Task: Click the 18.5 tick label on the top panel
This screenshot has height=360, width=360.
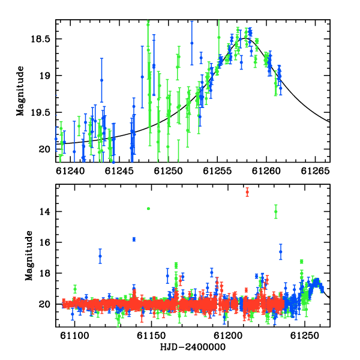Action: click(x=40, y=39)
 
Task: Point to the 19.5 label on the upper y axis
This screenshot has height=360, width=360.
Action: click(x=40, y=113)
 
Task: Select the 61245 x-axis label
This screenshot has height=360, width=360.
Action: click(x=119, y=171)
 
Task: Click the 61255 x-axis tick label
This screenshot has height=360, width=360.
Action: click(x=217, y=171)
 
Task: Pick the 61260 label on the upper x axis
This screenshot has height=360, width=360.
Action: click(x=266, y=171)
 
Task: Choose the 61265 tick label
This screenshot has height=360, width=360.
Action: click(x=316, y=171)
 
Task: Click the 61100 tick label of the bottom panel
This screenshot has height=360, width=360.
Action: click(x=74, y=335)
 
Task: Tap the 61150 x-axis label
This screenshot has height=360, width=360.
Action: click(x=151, y=335)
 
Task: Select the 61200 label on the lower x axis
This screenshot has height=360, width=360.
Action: click(x=228, y=335)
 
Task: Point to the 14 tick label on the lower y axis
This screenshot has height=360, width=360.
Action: click(x=45, y=211)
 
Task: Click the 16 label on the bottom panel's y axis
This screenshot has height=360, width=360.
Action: click(x=45, y=242)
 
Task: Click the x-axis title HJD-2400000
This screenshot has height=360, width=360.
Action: click(x=193, y=347)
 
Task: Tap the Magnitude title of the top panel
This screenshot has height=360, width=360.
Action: click(x=20, y=91)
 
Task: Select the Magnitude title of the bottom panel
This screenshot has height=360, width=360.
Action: click(x=29, y=256)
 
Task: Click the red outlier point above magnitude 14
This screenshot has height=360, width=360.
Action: click(x=247, y=192)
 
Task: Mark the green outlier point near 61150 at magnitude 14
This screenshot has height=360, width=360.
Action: click(x=149, y=208)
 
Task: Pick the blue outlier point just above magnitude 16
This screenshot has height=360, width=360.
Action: click(x=134, y=239)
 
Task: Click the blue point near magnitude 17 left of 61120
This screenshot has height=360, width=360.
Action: click(x=100, y=256)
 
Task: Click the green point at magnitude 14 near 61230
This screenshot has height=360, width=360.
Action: click(x=276, y=211)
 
